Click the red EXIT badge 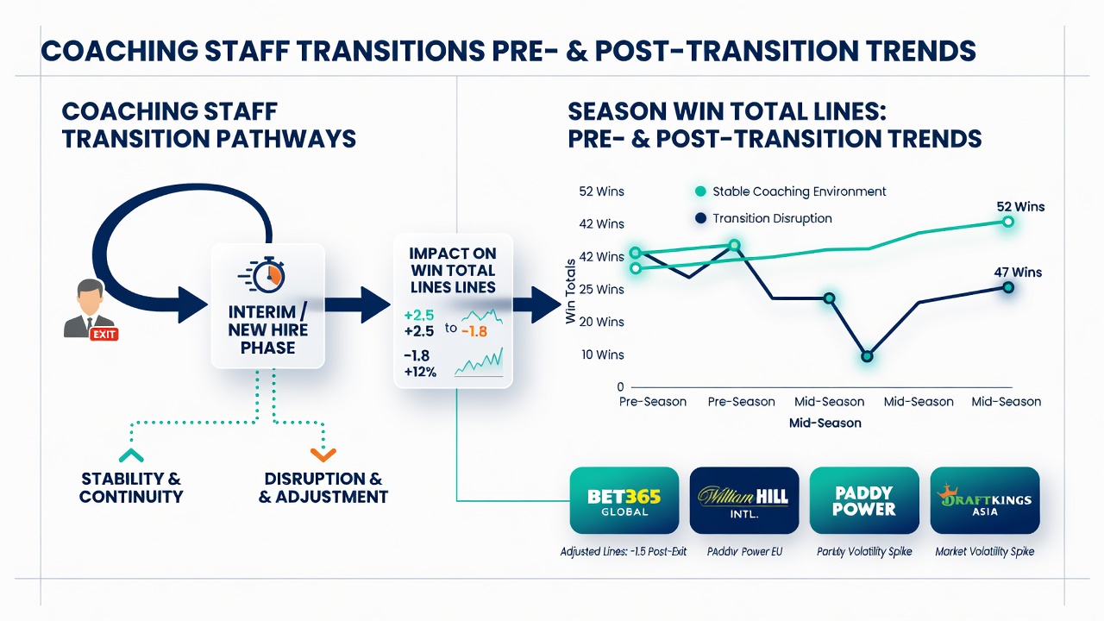click(104, 335)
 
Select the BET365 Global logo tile click(624, 500)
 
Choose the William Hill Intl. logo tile click(744, 500)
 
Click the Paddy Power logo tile click(864, 500)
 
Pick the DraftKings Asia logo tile click(985, 500)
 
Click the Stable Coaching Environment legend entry click(791, 191)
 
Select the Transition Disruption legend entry click(763, 218)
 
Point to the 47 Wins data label click(1018, 272)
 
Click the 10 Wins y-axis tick click(603, 354)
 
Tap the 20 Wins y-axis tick click(602, 322)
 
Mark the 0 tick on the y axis click(620, 387)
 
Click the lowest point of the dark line click(868, 356)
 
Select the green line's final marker click(1008, 222)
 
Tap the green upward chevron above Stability click(131, 455)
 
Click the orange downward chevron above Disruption click(323, 455)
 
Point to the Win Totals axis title click(570, 292)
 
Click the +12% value click(420, 372)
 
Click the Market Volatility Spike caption click(985, 551)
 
